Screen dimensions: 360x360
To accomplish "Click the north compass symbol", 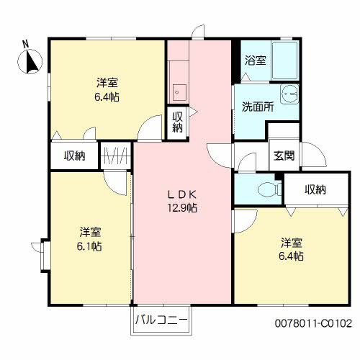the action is coord(30,62).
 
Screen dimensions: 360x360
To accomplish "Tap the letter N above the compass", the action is coord(25,44).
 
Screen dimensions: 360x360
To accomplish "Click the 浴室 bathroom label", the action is coord(256,60).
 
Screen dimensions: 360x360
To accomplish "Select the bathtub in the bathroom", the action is coord(285,60).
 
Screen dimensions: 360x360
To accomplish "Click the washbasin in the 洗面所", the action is coord(289,94).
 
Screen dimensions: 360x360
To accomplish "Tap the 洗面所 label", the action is coord(258,107).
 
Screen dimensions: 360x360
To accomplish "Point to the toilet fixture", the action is coord(269,190).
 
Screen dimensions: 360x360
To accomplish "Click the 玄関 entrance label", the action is coord(284,156).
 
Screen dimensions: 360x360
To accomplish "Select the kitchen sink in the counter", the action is coord(178,93).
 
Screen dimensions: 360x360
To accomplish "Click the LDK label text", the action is coord(182,194).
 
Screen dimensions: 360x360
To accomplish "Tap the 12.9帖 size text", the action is coord(182,208).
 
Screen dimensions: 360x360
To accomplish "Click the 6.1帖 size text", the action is coord(89,246).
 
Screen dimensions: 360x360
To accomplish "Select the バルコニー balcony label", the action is coord(161,320).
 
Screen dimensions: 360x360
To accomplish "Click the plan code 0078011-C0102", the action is coord(313,323).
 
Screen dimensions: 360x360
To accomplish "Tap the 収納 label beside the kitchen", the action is coord(178,122).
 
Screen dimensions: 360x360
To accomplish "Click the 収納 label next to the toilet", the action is coord(315,189).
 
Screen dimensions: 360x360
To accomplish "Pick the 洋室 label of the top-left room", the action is coord(107,83).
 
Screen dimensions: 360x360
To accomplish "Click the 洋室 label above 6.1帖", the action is coord(90,232).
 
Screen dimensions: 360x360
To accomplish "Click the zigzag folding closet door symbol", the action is coord(116,156).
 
